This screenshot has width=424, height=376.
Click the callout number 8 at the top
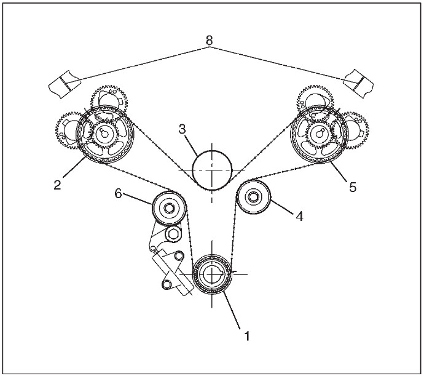pos(210,41)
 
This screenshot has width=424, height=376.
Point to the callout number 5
pos(353,187)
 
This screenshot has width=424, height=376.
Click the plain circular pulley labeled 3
pos(212,169)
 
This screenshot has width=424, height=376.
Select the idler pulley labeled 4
pos(254,197)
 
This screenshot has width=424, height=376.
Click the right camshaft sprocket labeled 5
pos(319,134)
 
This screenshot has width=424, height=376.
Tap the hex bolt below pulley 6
pos(172,234)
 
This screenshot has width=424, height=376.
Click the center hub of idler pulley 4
pos(254,197)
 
